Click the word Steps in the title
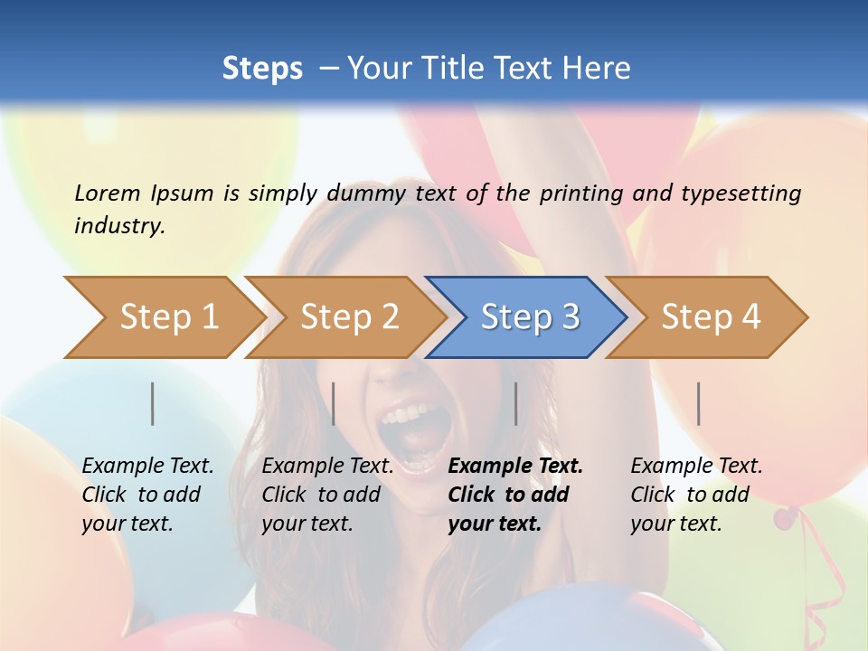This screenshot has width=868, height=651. pos(262,69)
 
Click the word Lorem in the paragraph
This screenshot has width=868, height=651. pos(108,193)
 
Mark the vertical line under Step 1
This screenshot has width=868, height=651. pos(153,403)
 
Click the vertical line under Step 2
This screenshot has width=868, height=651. pos(334,403)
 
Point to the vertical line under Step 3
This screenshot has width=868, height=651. pos(516,403)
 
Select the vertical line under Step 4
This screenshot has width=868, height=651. pos(699,403)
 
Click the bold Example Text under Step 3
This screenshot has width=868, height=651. pos(515,467)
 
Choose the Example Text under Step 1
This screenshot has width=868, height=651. pos(147,467)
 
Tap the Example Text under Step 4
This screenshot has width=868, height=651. pos(696,467)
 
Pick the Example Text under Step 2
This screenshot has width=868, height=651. pos(327,467)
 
